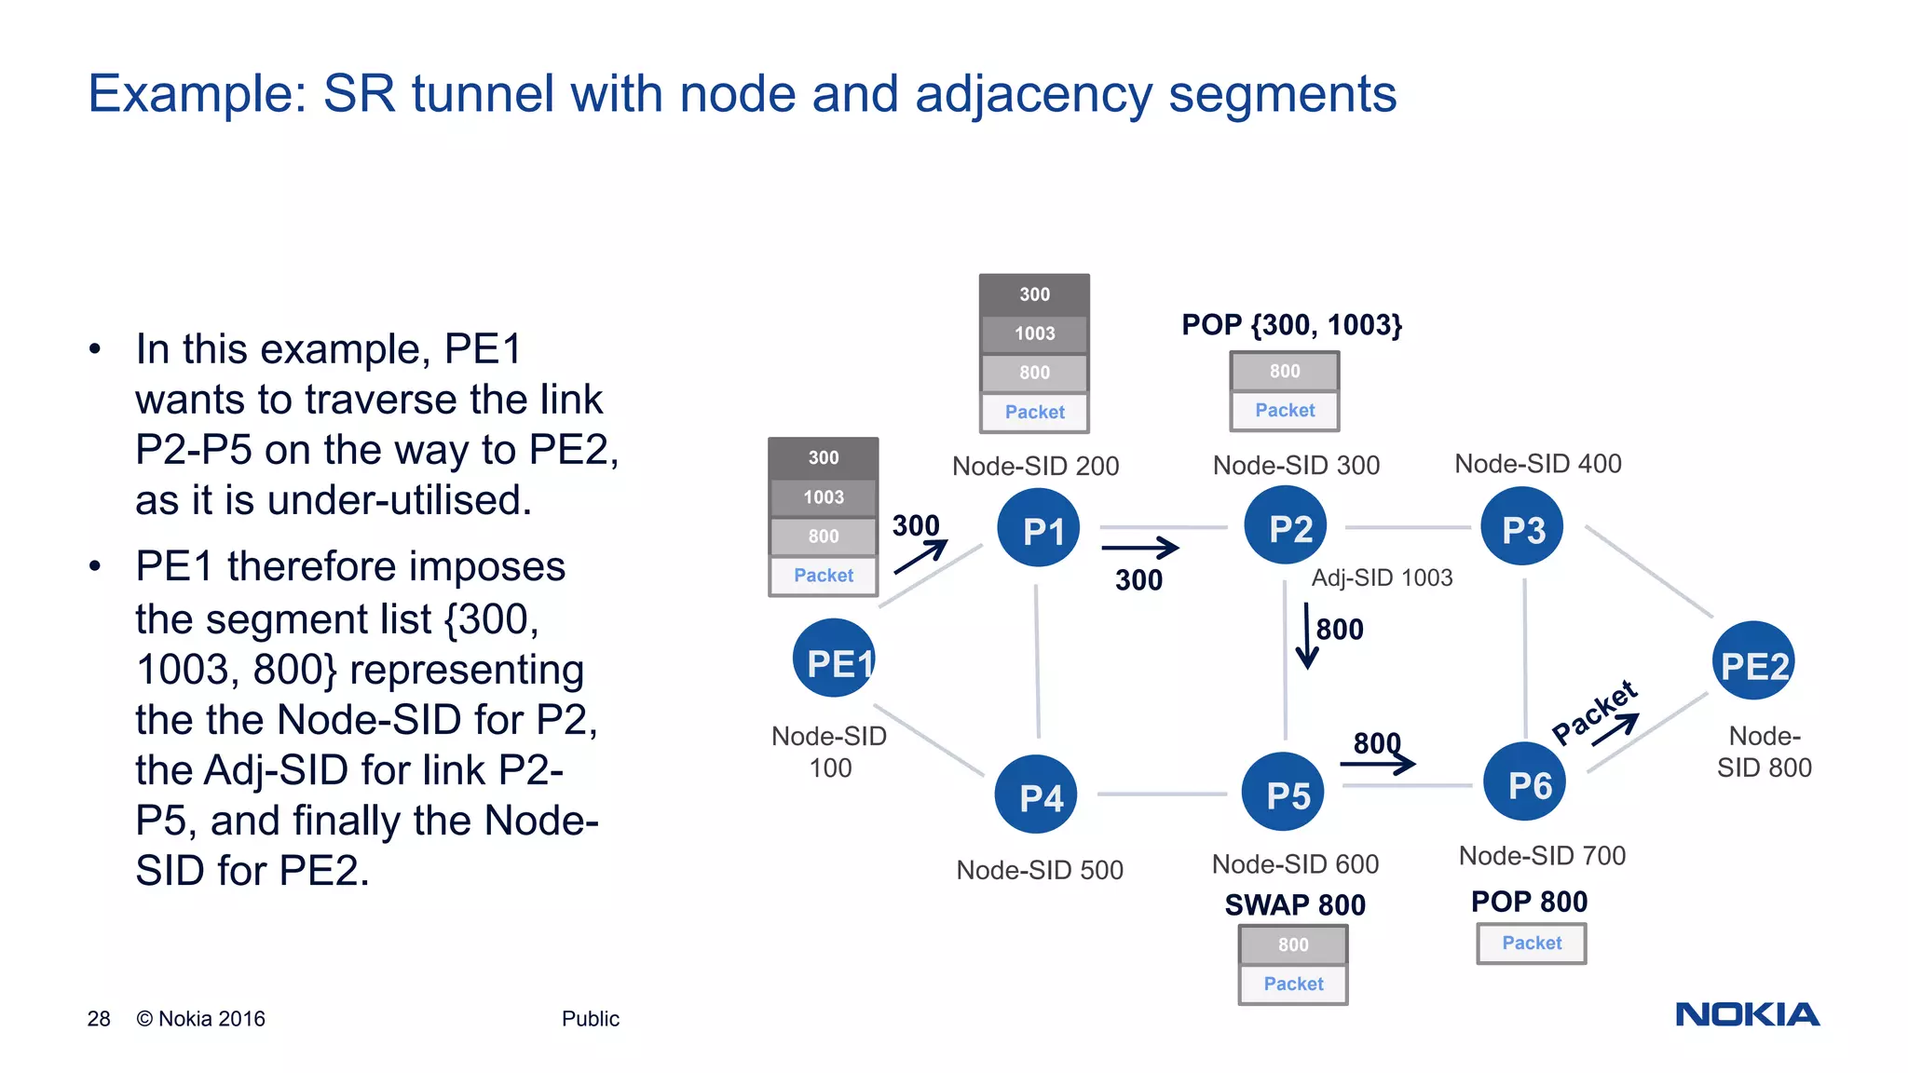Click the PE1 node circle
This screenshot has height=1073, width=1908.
point(834,659)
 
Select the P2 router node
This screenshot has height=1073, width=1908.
point(1285,526)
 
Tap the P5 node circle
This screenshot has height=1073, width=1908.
point(1283,793)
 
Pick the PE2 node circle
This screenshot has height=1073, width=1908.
point(1752,661)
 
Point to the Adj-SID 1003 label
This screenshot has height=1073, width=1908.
point(1382,578)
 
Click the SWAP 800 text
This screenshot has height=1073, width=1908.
point(1295,904)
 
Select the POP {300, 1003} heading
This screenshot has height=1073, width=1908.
point(1291,325)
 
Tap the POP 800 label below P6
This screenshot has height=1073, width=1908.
point(1529,902)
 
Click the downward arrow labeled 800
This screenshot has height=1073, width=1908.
point(1307,636)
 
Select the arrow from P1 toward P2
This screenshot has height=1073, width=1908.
point(1139,548)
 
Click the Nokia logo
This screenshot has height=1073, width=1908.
point(1747,1014)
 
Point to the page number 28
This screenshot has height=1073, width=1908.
point(99,1019)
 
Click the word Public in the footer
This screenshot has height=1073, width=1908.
point(590,1019)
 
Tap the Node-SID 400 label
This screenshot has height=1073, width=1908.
point(1538,464)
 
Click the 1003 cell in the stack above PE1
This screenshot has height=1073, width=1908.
point(824,497)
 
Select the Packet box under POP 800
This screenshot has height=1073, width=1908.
point(1532,944)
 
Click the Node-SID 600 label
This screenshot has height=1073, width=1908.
point(1295,864)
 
